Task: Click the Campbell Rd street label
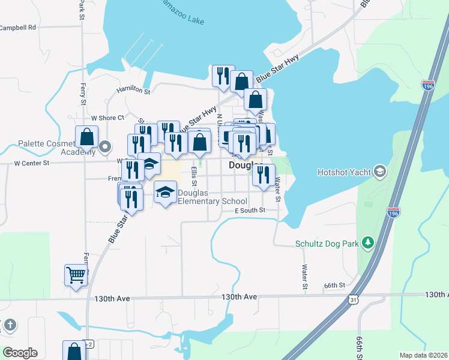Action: (18, 28)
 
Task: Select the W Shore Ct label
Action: (107, 118)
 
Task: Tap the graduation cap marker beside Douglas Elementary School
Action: (165, 192)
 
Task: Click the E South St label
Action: (250, 211)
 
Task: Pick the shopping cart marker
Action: (76, 275)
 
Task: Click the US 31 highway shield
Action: (354, 299)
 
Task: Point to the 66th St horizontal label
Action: (334, 285)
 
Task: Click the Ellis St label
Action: (193, 176)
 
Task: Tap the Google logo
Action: (20, 352)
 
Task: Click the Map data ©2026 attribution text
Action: (424, 355)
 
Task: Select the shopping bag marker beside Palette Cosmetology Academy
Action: (86, 137)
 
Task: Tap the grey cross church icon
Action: (9, 326)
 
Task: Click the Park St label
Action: (80, 9)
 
